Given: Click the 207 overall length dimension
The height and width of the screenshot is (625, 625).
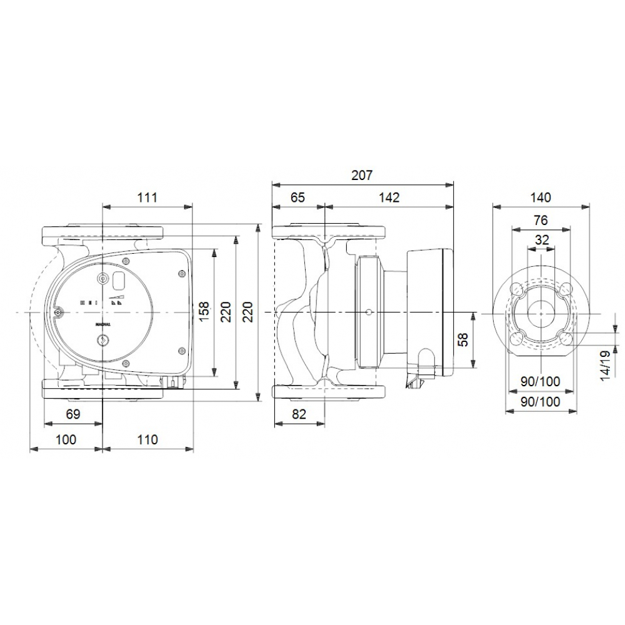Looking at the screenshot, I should (x=361, y=176).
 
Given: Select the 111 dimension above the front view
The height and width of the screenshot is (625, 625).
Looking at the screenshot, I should (x=147, y=197).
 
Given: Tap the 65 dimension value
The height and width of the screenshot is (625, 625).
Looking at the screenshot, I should (x=297, y=197).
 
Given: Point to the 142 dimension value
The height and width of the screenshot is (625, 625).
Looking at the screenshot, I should (x=389, y=197).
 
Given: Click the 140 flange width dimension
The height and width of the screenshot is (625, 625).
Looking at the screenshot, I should (x=541, y=197).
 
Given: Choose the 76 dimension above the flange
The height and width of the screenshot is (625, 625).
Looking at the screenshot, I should (x=541, y=220).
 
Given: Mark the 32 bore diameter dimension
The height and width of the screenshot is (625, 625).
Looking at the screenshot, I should (x=541, y=239).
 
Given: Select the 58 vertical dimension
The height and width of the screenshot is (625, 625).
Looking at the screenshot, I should (x=463, y=341).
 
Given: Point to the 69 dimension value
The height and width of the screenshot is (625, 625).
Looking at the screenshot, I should (x=73, y=414).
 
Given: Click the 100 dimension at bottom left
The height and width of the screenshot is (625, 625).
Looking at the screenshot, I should (x=66, y=439).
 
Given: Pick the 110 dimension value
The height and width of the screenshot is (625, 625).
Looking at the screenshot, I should (x=147, y=439).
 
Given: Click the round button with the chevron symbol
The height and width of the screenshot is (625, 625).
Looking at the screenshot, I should (x=103, y=340).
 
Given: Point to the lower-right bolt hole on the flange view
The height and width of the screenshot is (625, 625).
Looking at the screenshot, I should (x=566, y=337).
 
